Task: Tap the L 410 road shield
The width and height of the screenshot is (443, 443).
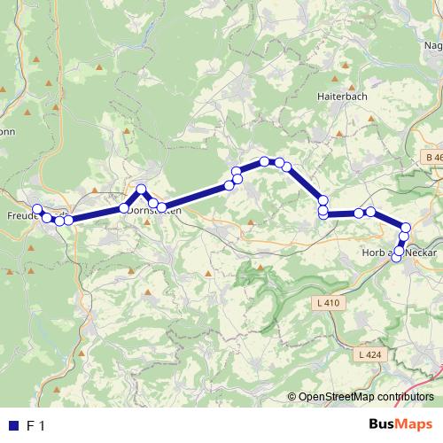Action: coord(327,303)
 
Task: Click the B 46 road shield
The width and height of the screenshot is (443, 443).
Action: coord(431,157)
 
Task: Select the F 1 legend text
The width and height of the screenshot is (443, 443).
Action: coord(35,426)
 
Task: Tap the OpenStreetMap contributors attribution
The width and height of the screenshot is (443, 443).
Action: coord(366,397)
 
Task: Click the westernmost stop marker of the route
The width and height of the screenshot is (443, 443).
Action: coord(37,210)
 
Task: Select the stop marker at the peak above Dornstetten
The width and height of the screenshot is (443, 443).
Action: coord(141,189)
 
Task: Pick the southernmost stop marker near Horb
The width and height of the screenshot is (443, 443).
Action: coord(397,258)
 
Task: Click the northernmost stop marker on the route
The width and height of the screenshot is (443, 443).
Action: coord(265,160)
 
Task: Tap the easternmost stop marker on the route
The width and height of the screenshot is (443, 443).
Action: coord(407,228)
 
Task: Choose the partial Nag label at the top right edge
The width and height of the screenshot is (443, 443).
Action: coord(433,45)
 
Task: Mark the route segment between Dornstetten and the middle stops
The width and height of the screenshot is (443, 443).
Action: coord(195,197)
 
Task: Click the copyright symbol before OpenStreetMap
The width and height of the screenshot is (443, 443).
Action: coord(292,397)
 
